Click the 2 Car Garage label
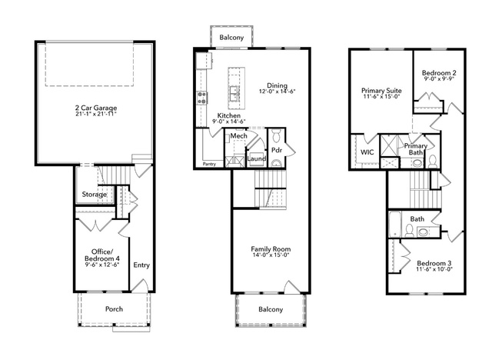(x=96, y=108)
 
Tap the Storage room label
(x=94, y=195)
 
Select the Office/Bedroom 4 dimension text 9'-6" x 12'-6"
(x=102, y=265)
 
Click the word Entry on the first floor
(x=141, y=265)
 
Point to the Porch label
(x=114, y=309)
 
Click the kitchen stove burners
(x=201, y=98)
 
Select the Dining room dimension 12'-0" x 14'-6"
(x=278, y=92)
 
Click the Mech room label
(x=238, y=136)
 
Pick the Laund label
(x=257, y=158)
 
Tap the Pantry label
(x=209, y=164)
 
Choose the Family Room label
(x=271, y=249)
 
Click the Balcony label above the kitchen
(x=231, y=38)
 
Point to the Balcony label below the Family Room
(x=271, y=309)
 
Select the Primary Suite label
(x=381, y=91)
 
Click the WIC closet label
(x=367, y=152)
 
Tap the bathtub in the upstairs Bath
(x=395, y=225)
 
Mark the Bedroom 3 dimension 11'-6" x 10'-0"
(x=434, y=269)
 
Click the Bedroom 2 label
(x=439, y=73)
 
